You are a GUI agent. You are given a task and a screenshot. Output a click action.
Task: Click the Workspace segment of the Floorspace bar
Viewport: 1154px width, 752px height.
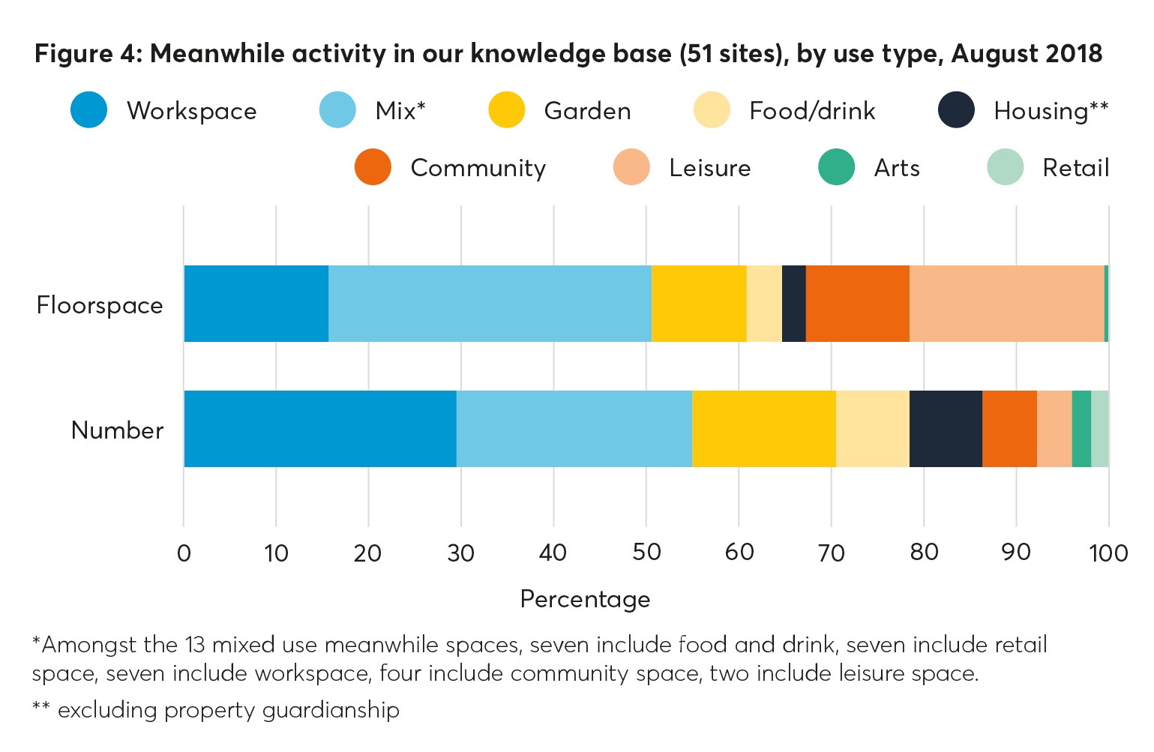256,304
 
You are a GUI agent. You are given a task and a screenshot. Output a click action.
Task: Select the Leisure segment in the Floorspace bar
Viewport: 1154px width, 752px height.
1006,304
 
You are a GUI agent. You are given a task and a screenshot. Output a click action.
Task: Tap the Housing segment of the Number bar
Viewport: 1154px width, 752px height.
945,429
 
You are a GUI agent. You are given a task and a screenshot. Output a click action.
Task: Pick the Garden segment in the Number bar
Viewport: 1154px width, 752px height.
763,429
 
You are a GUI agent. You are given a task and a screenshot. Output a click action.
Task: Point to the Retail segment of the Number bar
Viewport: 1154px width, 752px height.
1099,429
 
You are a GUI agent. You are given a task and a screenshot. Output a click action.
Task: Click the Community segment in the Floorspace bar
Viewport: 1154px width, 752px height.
857,304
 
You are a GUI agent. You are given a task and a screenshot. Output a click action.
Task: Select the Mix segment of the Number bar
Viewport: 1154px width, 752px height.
574,429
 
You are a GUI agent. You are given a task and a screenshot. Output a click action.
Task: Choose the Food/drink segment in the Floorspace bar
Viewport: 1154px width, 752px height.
763,304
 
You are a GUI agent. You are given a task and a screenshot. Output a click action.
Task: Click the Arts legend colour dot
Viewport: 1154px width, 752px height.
836,167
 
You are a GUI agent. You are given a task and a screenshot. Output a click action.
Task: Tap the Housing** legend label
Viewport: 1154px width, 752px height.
1050,111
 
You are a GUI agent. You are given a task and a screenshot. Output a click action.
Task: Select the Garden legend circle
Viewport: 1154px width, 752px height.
506,110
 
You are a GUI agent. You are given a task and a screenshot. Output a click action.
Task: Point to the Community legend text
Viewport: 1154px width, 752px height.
478,168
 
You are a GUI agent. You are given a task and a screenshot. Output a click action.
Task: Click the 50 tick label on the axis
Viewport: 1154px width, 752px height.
646,553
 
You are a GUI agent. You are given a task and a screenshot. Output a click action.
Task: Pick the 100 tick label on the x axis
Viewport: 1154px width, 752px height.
1108,553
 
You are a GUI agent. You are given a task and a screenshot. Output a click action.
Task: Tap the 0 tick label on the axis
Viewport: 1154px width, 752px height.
184,553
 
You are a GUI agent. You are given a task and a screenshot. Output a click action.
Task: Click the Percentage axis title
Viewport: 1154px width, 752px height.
585,599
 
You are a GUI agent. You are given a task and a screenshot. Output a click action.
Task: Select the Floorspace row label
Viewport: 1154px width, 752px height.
100,305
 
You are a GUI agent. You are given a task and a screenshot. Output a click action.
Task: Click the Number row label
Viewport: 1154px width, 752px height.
117,430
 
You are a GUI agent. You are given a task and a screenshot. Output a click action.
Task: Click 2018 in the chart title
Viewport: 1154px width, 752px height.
1074,54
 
